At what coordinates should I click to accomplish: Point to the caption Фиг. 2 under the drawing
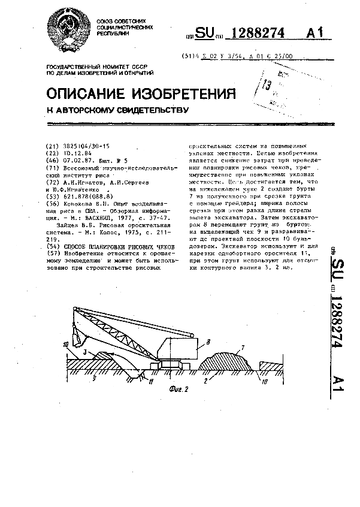(x=179, y=388)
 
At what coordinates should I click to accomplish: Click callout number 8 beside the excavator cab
(x=208, y=341)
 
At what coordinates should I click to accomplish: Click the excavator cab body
(x=181, y=351)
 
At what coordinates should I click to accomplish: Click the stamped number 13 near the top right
(x=267, y=84)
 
